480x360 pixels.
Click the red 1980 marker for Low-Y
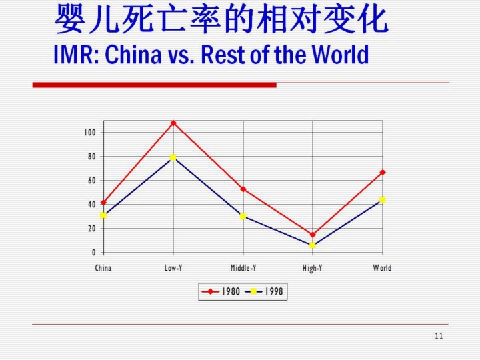pos(173,123)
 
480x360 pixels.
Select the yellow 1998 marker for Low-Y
pos(173,157)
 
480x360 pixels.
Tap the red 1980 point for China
pos(103,203)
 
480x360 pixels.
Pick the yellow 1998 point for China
pos(103,215)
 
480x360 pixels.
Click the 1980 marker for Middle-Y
pos(243,189)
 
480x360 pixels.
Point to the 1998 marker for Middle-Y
pos(243,217)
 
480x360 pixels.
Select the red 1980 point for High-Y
pos(313,235)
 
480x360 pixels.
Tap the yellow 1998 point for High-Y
pos(313,245)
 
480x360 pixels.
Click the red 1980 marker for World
pos(383,173)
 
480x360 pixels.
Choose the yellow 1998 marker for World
pos(383,200)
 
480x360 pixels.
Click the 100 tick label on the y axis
pos(90,133)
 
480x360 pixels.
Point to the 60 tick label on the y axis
pos(92,181)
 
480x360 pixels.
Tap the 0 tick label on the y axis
pos(94,253)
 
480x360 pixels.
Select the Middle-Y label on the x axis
pos(243,268)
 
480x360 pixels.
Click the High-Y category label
pos(312,269)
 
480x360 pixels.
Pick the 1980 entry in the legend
pos(220,291)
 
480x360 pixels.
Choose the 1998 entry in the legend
pos(264,291)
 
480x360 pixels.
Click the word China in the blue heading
pos(133,55)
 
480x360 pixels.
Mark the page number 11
pos(439,336)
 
